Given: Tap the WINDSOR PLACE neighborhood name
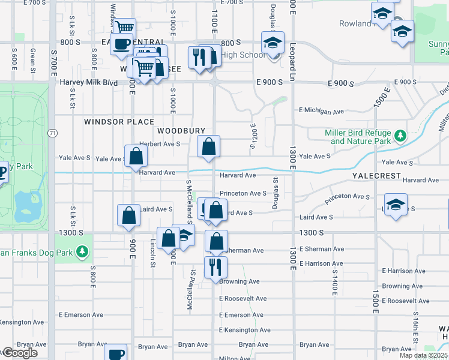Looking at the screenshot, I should (119, 122).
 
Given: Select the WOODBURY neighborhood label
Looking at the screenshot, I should (181, 131).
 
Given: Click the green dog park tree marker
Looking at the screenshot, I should (81, 253).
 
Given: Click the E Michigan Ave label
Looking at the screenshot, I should (321, 111).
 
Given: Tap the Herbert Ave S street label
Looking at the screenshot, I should (160, 144).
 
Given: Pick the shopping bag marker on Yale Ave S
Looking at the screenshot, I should (137, 156).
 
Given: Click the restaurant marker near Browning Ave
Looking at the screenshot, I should (215, 266).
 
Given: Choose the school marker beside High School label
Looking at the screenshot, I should (272, 44).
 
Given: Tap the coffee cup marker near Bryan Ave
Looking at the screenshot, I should (115, 353).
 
